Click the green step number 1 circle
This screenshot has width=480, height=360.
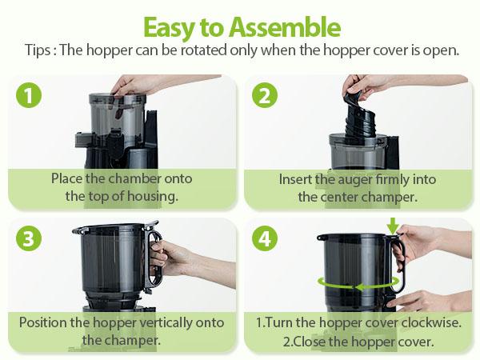30,96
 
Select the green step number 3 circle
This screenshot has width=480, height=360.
30,238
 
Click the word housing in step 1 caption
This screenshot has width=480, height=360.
156,196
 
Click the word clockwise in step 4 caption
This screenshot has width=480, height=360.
426,322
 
